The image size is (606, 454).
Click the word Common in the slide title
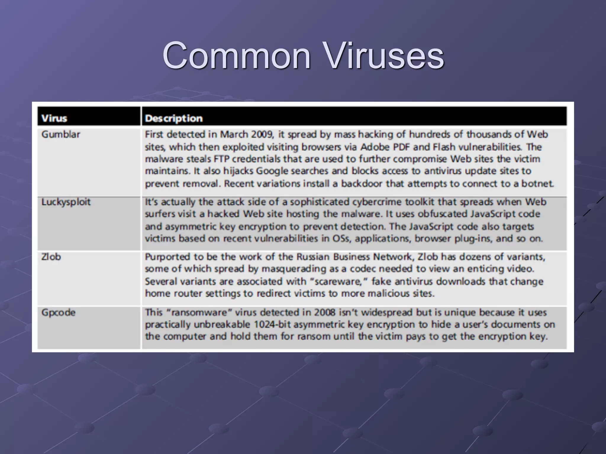(237, 55)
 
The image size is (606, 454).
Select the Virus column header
(54, 118)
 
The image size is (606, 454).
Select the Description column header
(174, 118)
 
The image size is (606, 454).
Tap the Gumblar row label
(61, 134)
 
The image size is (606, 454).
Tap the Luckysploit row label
(66, 202)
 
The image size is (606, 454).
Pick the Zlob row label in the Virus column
(51, 257)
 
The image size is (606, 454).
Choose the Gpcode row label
(58, 312)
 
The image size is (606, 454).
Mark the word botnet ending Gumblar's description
(537, 184)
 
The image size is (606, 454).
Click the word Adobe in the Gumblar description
(374, 147)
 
